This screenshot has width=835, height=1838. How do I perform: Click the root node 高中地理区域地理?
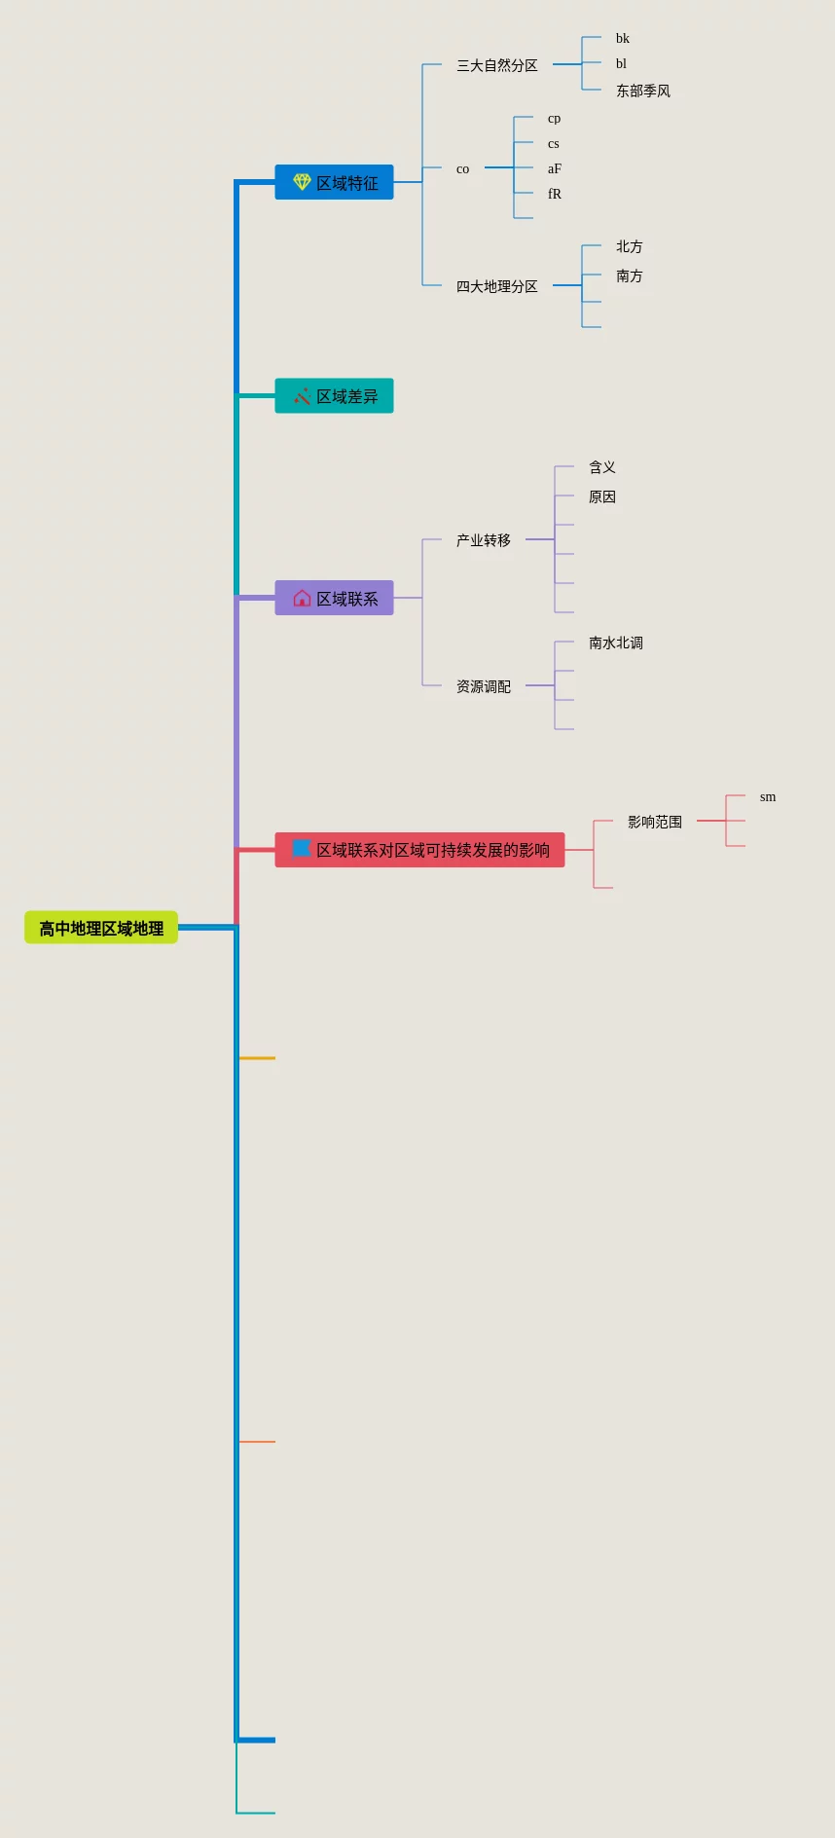point(101,928)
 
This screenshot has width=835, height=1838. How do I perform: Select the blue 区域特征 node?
point(335,182)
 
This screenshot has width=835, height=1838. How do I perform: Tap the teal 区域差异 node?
point(335,396)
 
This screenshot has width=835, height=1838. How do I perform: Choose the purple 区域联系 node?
point(335,598)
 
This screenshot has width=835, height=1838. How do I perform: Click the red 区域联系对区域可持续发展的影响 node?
point(420,850)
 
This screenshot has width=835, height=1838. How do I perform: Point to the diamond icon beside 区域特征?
point(302,182)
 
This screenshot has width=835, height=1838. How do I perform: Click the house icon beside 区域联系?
point(302,598)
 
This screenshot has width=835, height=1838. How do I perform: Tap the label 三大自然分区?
point(496,65)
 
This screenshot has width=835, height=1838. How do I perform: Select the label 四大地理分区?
point(496,286)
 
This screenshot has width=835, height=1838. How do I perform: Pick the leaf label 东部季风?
point(642,91)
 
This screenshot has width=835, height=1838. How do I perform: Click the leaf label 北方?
point(629,246)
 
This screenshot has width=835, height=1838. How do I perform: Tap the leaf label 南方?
point(629,276)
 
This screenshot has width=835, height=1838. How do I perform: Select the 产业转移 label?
point(483,540)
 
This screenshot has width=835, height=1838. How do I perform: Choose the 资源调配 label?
point(483,686)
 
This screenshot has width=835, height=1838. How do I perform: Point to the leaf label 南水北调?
point(615,643)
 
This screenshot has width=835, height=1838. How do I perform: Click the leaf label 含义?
point(601,467)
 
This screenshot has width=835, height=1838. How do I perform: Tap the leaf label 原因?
point(601,496)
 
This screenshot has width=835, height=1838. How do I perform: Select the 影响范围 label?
point(654,822)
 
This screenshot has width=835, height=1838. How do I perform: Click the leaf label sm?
point(768,796)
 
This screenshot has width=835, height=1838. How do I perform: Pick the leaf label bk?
point(622,38)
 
